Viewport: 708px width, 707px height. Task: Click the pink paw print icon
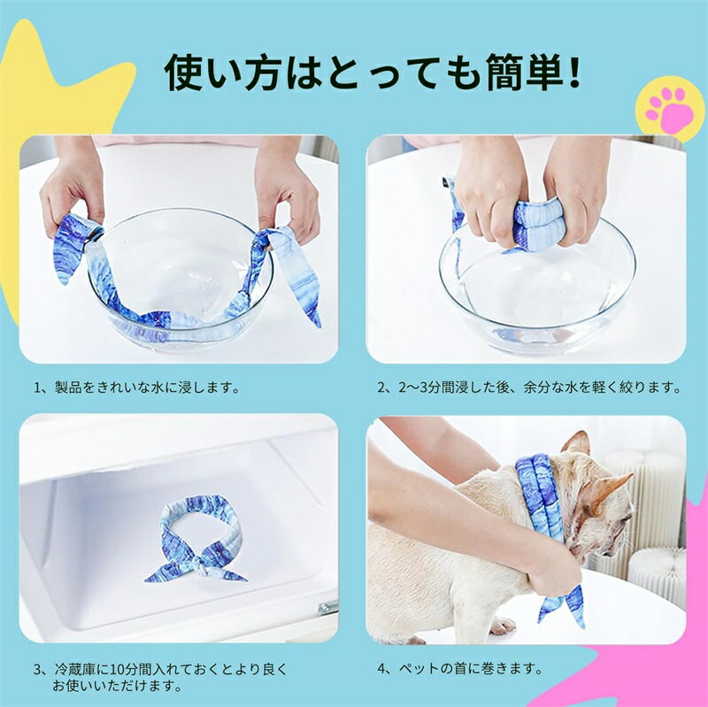coord(670,110)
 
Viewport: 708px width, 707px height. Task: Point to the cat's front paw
coord(502,626)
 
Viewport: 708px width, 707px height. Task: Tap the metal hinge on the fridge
coord(327,607)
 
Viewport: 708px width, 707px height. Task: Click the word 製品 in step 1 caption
coord(68,388)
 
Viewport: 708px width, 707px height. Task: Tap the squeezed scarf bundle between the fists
coord(538,225)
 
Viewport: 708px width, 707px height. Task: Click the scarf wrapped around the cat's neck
coord(540,496)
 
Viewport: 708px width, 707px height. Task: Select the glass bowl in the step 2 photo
coord(537,289)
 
